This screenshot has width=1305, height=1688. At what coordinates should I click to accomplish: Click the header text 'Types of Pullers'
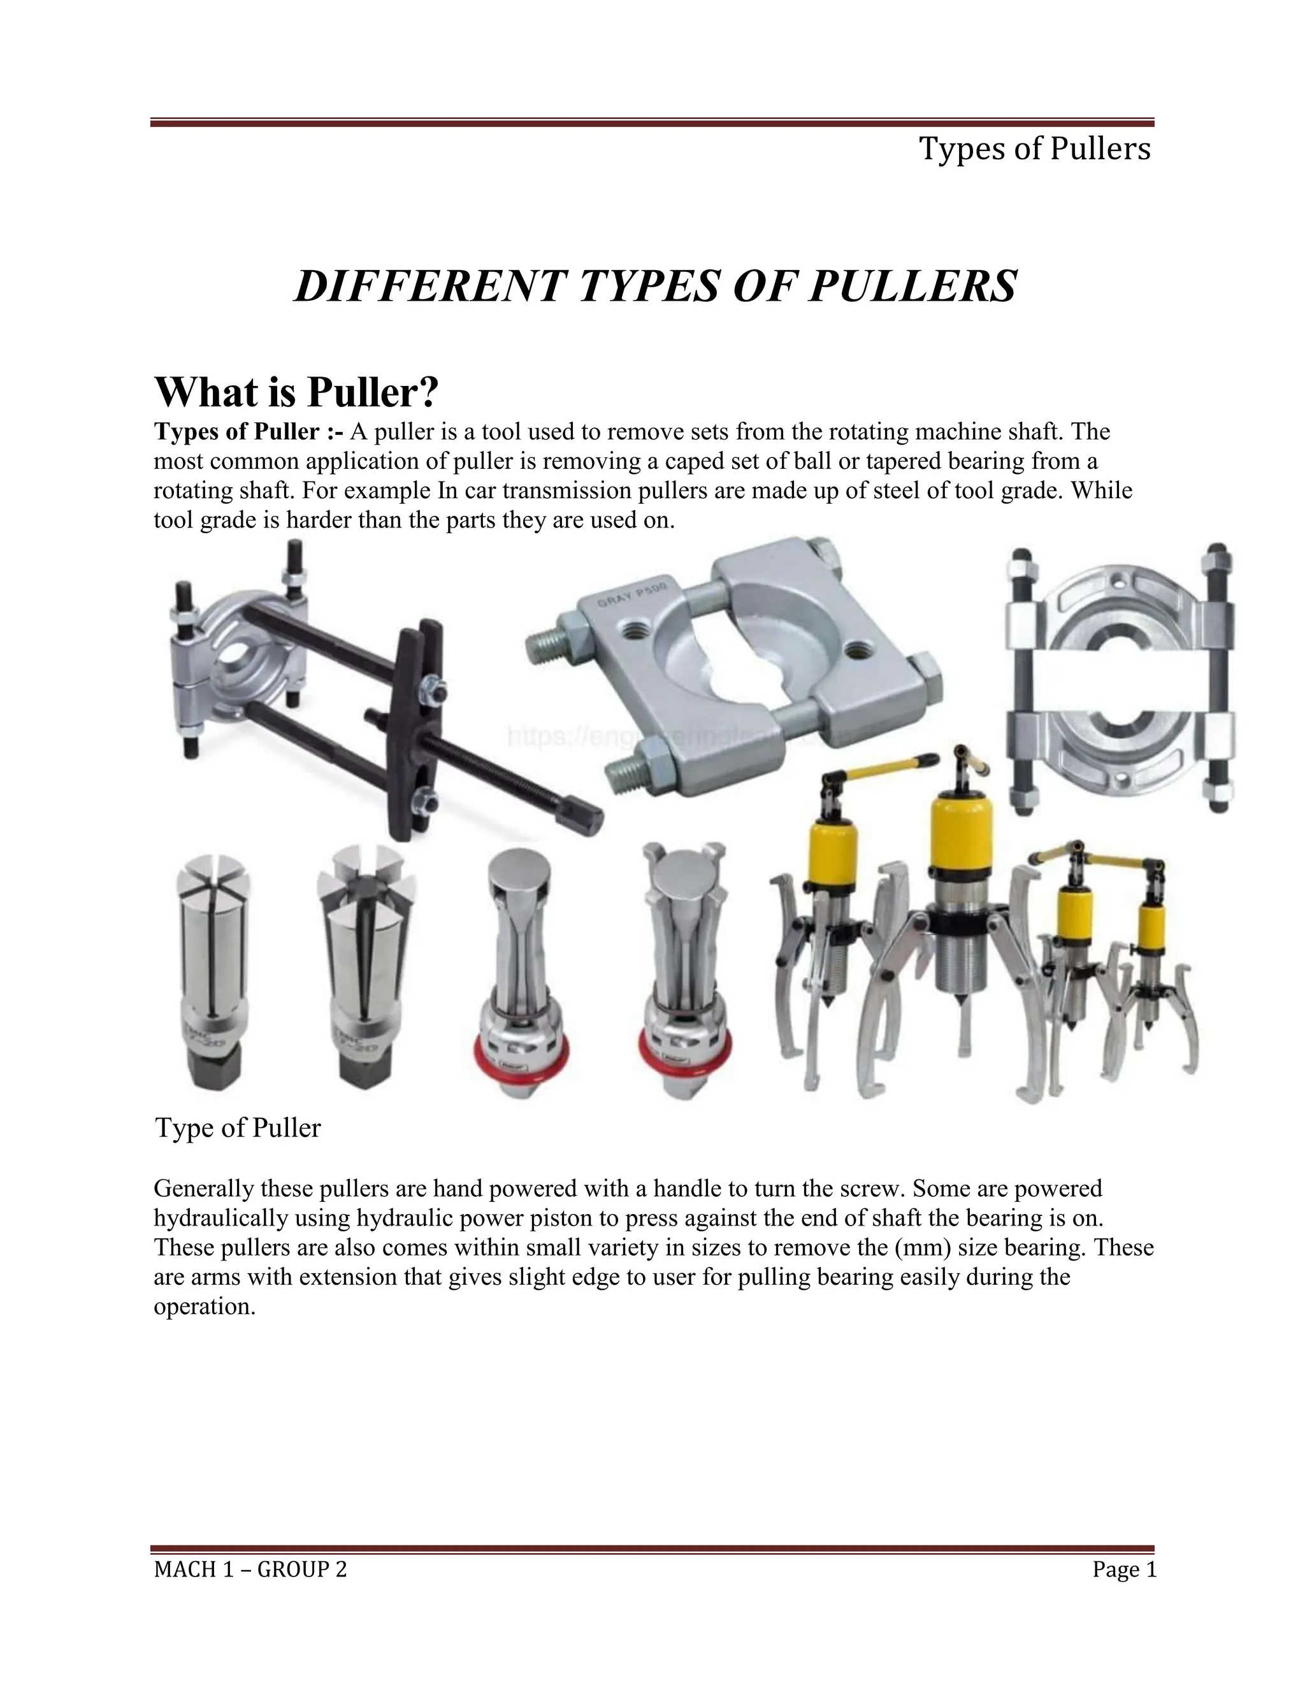(x=1034, y=148)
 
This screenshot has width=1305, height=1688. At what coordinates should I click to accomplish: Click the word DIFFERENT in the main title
(x=428, y=286)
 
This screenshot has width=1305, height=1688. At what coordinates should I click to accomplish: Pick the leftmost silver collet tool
(x=210, y=974)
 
